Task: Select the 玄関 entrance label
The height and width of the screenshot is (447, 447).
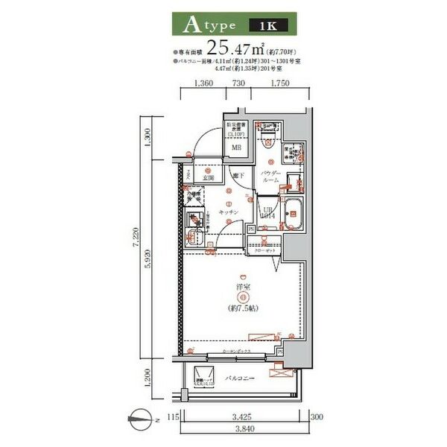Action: [209, 178]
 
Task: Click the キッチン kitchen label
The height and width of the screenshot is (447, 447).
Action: [228, 212]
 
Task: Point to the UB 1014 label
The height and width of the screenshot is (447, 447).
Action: [268, 213]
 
